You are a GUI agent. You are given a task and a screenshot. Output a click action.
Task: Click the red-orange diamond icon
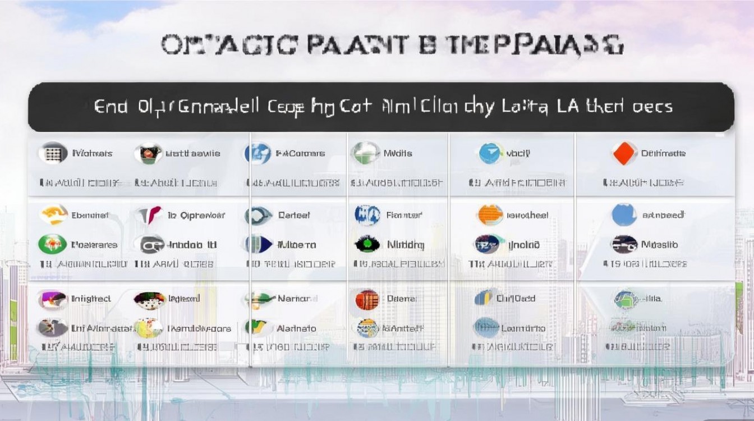point(624,153)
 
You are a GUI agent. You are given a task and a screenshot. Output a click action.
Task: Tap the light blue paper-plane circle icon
point(491,153)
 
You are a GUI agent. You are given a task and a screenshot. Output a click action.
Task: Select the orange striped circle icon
point(490,215)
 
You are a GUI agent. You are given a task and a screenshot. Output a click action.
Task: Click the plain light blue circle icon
point(624,215)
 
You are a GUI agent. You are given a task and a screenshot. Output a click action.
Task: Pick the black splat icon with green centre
point(367,244)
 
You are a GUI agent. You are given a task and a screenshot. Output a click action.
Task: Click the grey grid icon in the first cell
point(53,153)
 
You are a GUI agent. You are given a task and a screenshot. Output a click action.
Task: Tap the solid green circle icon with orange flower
point(52,244)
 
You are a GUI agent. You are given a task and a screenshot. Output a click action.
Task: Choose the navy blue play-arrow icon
point(258,244)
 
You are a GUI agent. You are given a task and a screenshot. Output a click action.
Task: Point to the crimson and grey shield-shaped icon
point(149,215)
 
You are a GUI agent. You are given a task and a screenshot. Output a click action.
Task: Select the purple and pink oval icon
point(52,299)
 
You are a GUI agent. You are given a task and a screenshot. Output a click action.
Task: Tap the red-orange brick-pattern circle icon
point(367,299)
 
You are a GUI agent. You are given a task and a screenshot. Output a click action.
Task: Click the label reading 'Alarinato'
point(296,328)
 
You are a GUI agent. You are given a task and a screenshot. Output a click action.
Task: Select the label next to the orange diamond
point(663,153)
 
